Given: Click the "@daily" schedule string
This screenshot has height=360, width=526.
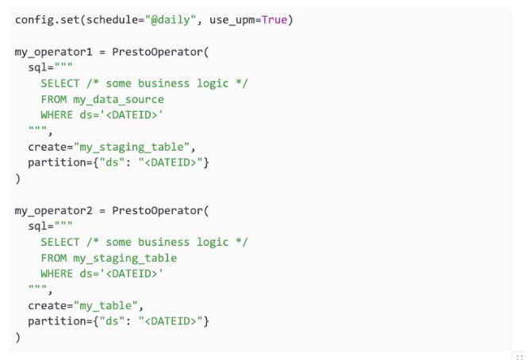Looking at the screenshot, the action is click(x=171, y=20).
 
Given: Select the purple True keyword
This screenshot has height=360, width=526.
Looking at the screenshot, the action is click(x=275, y=20).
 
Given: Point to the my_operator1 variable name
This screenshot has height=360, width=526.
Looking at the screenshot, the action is click(x=53, y=52).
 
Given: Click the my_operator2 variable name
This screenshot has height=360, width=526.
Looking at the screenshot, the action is click(x=53, y=211).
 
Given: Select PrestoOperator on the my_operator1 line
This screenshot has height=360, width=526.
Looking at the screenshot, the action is click(x=157, y=52).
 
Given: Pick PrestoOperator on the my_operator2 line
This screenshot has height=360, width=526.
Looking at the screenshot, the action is click(x=157, y=211).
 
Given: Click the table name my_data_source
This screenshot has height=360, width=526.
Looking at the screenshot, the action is click(x=118, y=100).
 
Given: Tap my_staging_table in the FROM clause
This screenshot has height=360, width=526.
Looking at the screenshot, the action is click(x=125, y=259).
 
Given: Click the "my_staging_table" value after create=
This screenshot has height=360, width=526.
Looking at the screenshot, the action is click(x=132, y=147).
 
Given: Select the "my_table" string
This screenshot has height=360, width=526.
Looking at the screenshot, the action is click(x=106, y=306).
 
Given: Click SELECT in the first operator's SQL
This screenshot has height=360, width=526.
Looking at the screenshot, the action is click(x=60, y=83).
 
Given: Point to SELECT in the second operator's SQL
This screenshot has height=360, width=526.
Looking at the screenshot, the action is click(x=60, y=243).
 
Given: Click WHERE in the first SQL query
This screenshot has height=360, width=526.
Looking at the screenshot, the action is click(x=56, y=115).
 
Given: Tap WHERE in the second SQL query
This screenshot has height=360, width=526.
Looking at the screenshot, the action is click(x=56, y=274).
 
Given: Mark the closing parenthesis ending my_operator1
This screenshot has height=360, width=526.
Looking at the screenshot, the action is click(x=17, y=179).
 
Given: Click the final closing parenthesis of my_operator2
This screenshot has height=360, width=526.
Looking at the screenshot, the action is click(x=17, y=338).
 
